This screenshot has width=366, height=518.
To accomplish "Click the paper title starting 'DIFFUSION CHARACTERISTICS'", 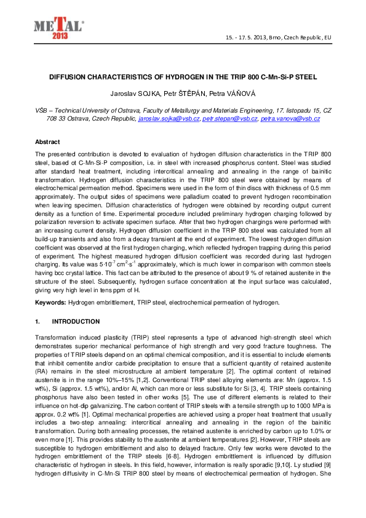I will click(183, 79).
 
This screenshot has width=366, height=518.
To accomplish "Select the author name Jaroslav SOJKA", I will click(137, 94).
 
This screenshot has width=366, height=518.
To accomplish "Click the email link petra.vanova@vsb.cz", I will click(290, 118).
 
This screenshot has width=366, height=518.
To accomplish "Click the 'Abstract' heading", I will click(47, 141).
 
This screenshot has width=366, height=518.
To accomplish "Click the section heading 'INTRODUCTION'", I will click(76, 321).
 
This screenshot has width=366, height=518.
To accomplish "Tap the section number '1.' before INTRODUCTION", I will click(38, 321).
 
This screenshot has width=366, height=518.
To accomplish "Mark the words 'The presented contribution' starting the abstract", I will click(71, 153).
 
